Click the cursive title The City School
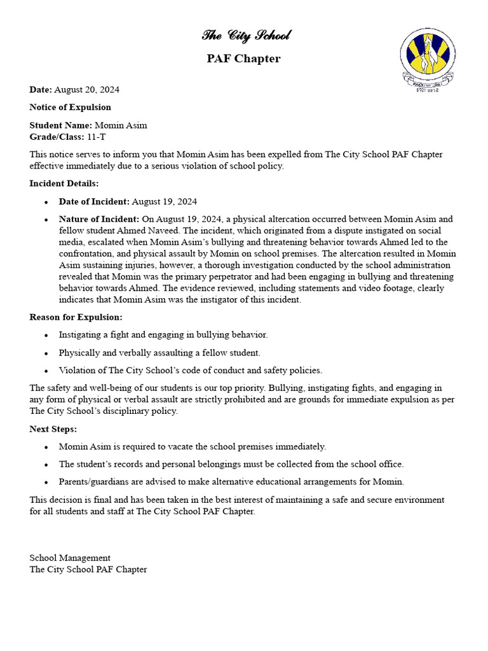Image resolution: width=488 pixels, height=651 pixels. pos(246,36)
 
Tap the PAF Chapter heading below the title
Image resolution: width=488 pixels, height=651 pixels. pos(243,59)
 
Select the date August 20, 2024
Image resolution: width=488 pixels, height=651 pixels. pos(87,90)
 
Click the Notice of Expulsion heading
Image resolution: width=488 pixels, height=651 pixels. pos(70,107)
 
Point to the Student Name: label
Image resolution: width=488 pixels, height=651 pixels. pos(60,125)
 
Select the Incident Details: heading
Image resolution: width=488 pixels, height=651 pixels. pos(64,184)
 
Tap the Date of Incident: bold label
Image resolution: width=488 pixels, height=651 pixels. pos(94,202)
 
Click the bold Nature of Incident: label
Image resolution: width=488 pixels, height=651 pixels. pos(98,219)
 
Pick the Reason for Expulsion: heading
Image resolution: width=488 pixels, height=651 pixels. pos(76,317)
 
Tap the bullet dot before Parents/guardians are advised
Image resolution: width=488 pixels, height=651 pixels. pos(46,482)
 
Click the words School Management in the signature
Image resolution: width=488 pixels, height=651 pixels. pos(70,558)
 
